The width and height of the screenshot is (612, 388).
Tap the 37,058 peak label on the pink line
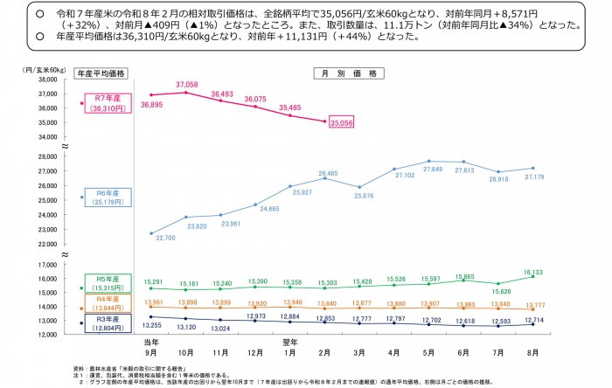(x=187, y=84)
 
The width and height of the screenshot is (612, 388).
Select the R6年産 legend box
(x=106, y=197)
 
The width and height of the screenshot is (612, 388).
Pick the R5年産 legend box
(x=104, y=283)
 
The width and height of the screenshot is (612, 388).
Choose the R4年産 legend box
(x=104, y=304)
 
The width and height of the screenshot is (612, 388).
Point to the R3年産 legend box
(x=104, y=323)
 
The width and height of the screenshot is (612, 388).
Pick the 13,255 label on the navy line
(x=150, y=325)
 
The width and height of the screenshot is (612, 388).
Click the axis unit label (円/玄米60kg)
(x=32, y=68)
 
